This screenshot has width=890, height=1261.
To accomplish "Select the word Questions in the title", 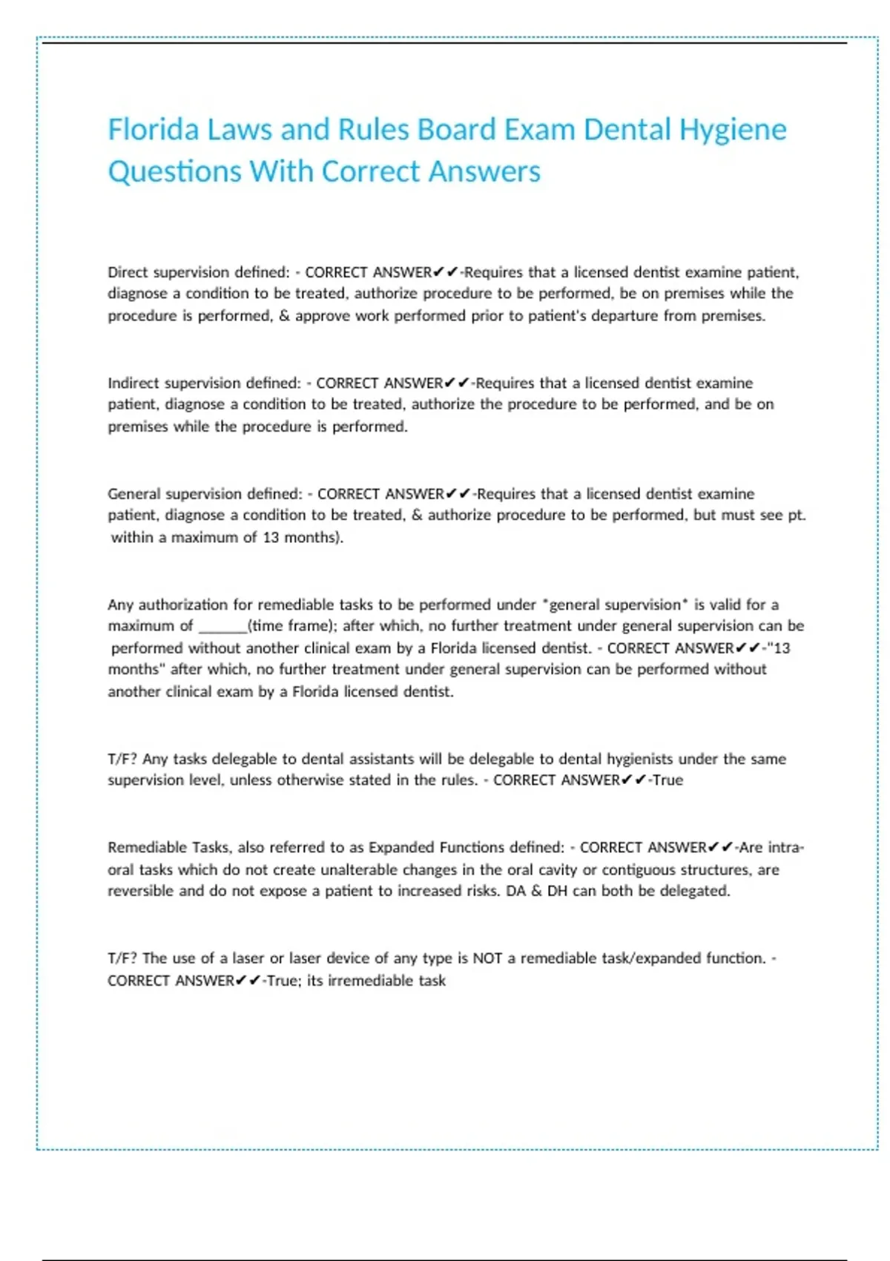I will pos(174,172).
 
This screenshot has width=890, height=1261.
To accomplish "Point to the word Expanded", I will pos(401,847).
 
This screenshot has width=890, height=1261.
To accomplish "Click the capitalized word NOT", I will pos(487,958).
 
